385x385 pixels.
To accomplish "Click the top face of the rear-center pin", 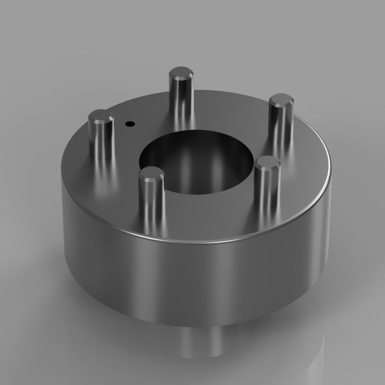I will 181,74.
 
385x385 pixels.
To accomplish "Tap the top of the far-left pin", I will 101,116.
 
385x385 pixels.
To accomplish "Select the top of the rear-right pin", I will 281,102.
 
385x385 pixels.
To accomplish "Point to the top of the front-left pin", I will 151,174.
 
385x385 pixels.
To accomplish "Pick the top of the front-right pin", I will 268,164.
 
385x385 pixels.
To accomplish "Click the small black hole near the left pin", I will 128,124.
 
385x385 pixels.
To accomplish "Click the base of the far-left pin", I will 102,156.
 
